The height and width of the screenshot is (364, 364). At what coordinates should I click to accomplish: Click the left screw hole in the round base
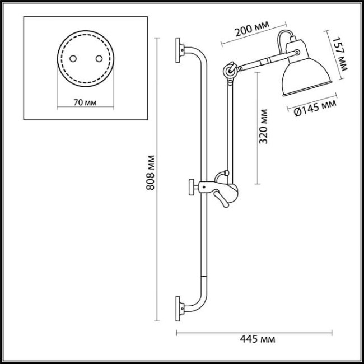(x=73, y=58)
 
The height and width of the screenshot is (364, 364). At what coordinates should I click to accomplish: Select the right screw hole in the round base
(x=100, y=58)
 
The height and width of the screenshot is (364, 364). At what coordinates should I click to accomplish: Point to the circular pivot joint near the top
(x=228, y=70)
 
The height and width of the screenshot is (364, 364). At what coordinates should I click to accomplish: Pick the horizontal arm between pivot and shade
(x=258, y=60)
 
